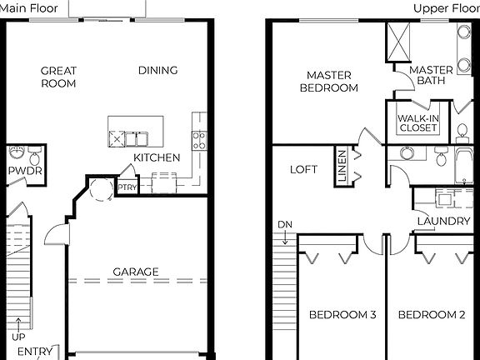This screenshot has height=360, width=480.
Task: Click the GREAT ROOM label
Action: click(x=58, y=77)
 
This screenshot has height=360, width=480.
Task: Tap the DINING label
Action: click(x=157, y=71)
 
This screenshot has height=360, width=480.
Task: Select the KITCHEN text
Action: click(x=157, y=157)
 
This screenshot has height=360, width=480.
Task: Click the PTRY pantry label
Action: click(x=127, y=188)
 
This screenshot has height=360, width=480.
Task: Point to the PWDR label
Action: click(x=24, y=172)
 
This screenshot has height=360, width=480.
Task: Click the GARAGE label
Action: click(x=136, y=272)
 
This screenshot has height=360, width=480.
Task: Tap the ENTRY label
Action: click(x=34, y=352)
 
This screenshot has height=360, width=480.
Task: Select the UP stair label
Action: click(x=18, y=336)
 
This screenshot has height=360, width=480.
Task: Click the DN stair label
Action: click(x=285, y=226)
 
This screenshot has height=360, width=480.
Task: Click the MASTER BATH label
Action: click(x=431, y=75)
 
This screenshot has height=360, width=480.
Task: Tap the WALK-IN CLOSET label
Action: click(x=417, y=123)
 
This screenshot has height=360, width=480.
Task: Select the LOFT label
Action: click(x=303, y=169)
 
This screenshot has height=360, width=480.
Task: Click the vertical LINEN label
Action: click(x=342, y=166)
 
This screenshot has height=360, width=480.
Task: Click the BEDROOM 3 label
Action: click(x=342, y=315)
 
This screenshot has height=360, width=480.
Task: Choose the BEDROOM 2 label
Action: click(x=431, y=315)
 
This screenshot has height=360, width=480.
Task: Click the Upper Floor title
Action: click(x=446, y=9)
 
